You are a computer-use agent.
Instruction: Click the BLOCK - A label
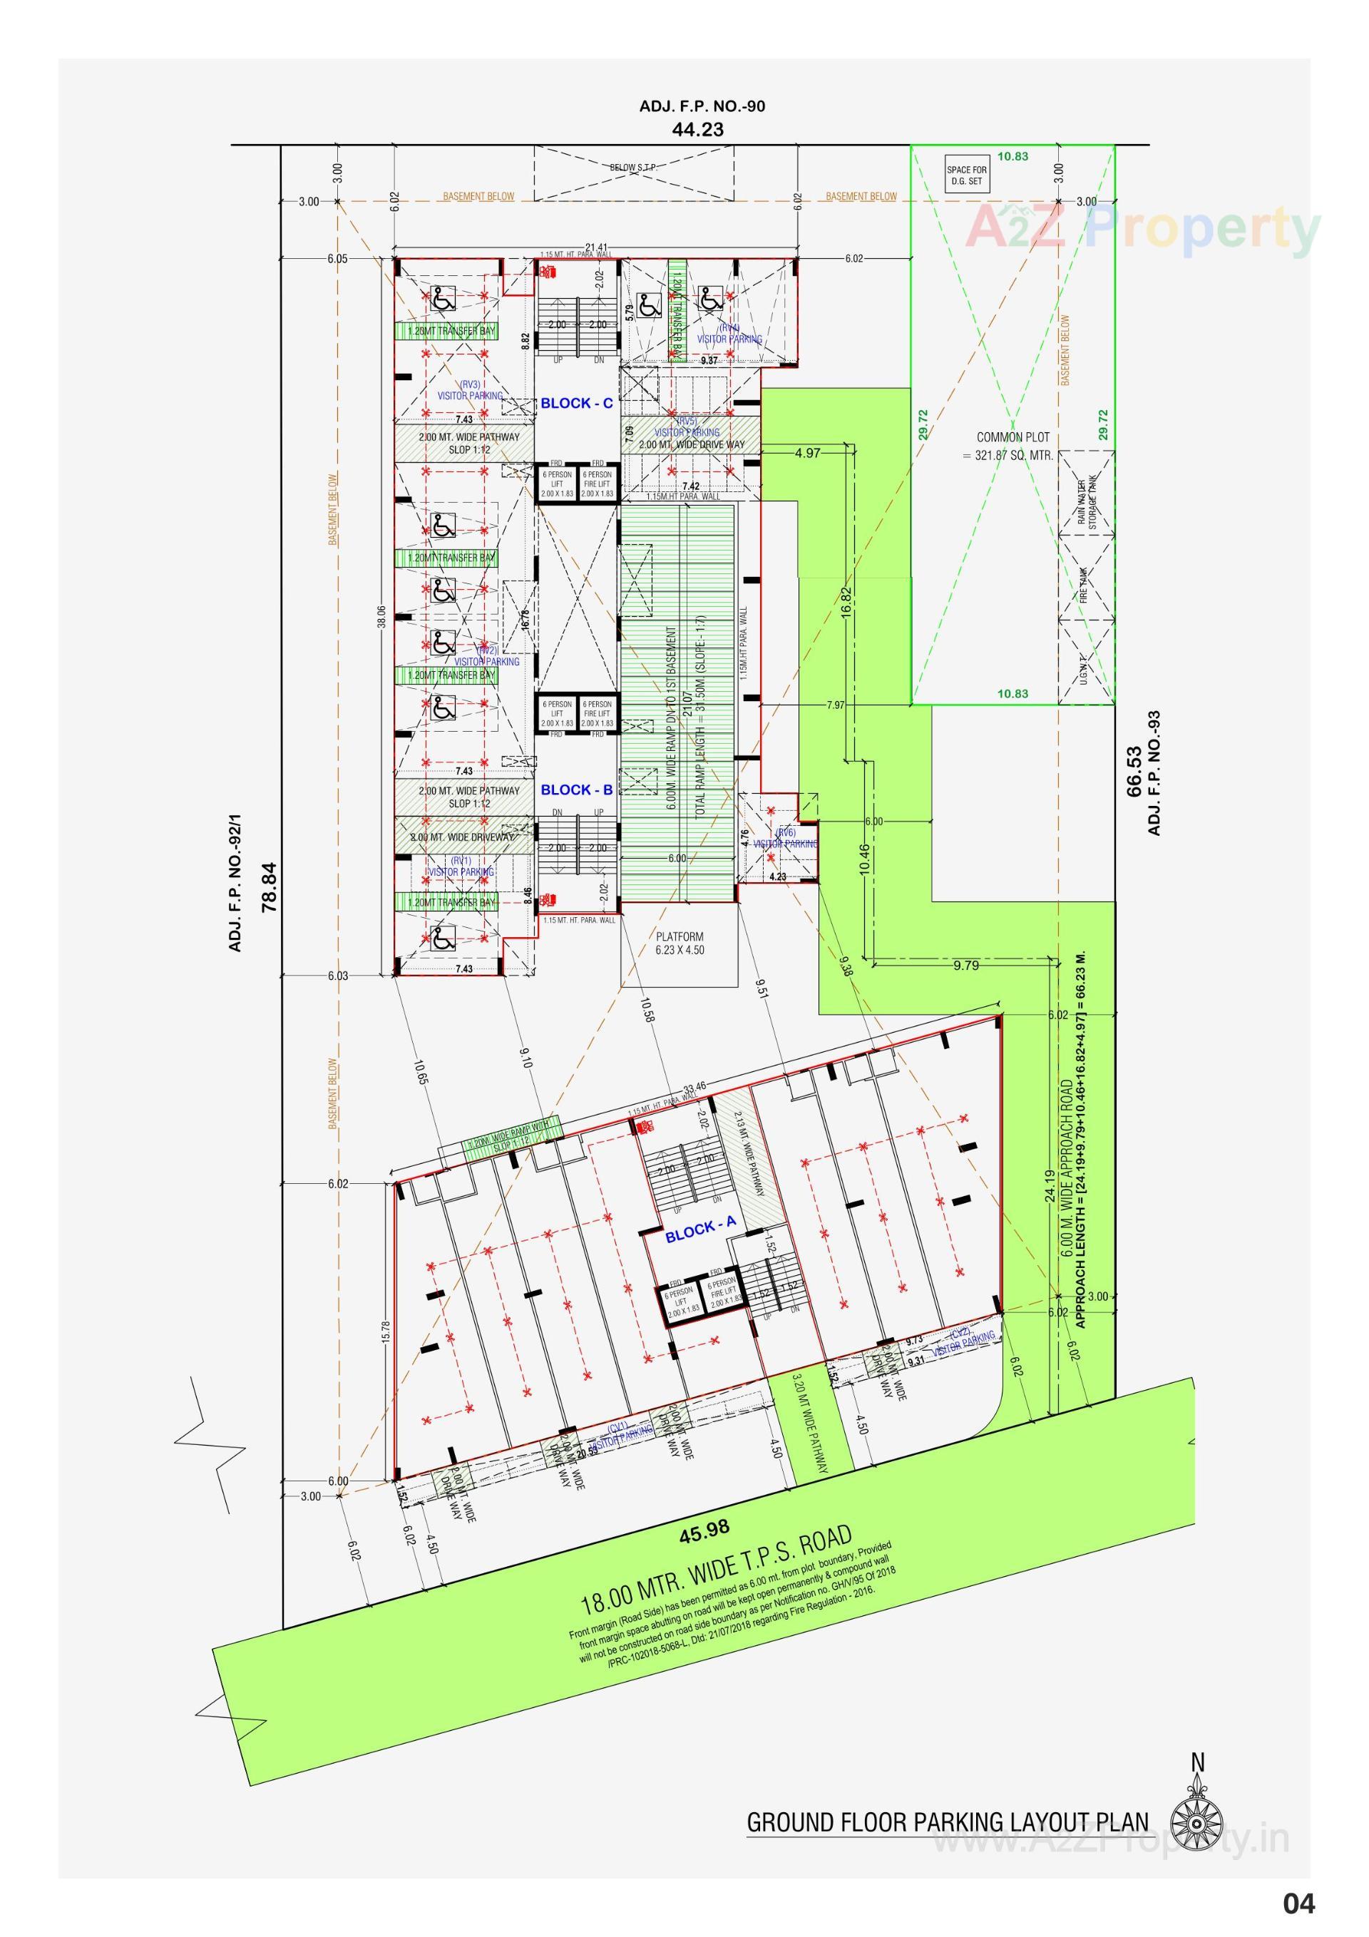click(x=700, y=1230)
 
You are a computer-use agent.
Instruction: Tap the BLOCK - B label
click(x=577, y=789)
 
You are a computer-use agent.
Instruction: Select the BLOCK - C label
click(x=577, y=403)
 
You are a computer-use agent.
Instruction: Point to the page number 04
click(x=1299, y=1904)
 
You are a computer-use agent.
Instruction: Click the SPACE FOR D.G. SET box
click(x=966, y=175)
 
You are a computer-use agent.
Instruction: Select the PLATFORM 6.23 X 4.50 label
click(x=679, y=944)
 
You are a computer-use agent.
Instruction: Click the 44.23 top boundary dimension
click(x=697, y=130)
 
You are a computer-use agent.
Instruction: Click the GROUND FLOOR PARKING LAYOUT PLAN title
click(x=948, y=1821)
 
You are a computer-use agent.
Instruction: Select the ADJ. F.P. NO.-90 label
click(x=702, y=106)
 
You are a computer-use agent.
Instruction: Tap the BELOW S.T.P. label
click(x=633, y=168)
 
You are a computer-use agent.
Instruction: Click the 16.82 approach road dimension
click(x=848, y=603)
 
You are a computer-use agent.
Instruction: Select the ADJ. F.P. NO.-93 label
click(x=1155, y=773)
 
